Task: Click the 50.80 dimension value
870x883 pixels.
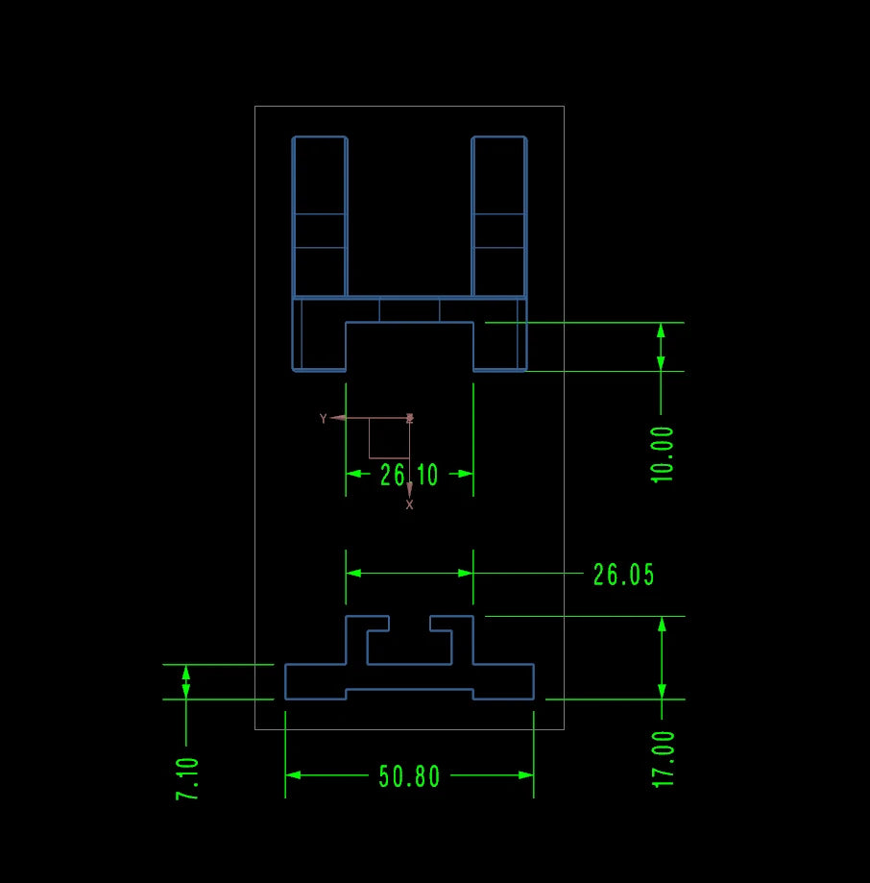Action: (x=409, y=776)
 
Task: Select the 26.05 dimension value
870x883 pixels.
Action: (x=623, y=575)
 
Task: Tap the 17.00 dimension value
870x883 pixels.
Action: (x=663, y=759)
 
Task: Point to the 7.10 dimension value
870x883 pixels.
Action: (x=187, y=779)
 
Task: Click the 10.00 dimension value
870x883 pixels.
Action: (x=662, y=454)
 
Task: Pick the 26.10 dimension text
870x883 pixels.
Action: (x=409, y=475)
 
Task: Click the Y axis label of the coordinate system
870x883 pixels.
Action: (x=323, y=418)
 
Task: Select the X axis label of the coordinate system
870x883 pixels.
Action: (x=409, y=505)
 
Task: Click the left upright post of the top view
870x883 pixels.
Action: (x=320, y=217)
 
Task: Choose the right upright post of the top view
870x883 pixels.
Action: (x=499, y=217)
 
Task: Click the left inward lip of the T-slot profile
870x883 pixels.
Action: (x=377, y=624)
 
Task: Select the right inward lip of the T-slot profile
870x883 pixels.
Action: (x=441, y=624)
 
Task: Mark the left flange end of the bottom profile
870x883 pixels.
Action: (x=285, y=682)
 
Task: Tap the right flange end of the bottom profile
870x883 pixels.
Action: (x=534, y=682)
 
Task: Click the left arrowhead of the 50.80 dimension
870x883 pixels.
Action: (x=293, y=775)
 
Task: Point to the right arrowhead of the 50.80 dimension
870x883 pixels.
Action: (x=525, y=775)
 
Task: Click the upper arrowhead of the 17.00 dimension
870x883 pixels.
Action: (x=662, y=624)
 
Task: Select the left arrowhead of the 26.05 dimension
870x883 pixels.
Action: (x=353, y=574)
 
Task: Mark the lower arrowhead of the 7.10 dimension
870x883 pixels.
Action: (x=186, y=692)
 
